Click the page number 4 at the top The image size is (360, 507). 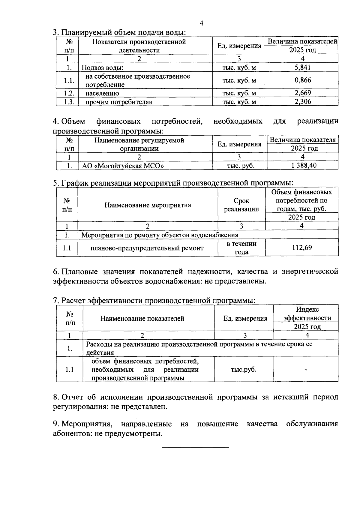point(201,23)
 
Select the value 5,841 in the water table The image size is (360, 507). point(302,67)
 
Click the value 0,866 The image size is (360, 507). point(302,80)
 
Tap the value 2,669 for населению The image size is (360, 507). point(302,93)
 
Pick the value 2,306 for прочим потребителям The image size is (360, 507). point(302,102)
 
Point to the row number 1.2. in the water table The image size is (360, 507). point(69,93)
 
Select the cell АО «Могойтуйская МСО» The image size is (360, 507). point(123,166)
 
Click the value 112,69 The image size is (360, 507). point(302,247)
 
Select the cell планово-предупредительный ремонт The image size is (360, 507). point(147,248)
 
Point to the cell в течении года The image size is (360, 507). point(241,248)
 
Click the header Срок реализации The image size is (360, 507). point(241,205)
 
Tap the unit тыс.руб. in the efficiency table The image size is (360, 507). point(243,369)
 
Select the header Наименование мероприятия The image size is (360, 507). point(148,205)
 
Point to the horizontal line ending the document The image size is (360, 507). point(195,448)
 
